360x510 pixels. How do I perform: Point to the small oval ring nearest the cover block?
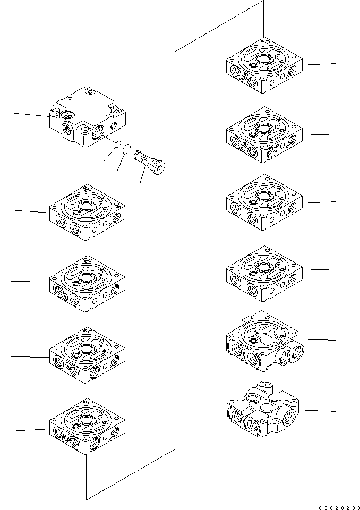(x=119, y=143)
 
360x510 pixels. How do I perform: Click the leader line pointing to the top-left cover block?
(x=29, y=114)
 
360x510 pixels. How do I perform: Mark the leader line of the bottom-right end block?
(x=319, y=411)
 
